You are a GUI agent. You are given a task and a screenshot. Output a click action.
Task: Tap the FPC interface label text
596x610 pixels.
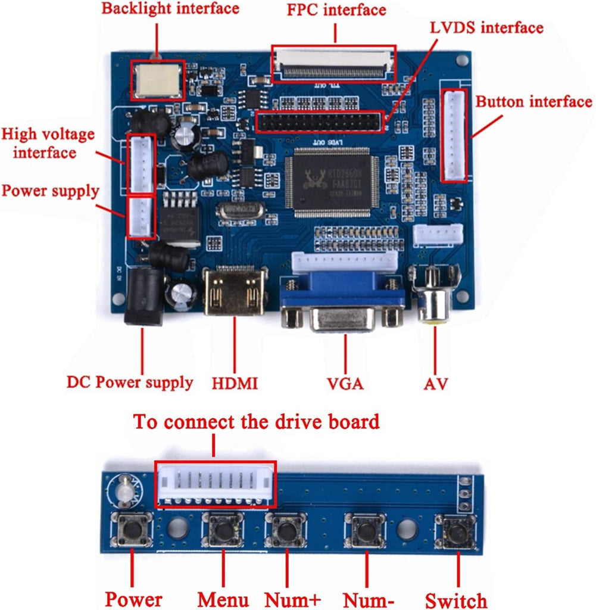(336, 10)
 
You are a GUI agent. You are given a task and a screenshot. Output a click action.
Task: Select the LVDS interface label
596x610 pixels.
(486, 28)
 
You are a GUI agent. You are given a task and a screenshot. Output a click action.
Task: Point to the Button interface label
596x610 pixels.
(533, 102)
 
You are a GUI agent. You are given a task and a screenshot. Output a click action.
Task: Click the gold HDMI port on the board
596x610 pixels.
(235, 291)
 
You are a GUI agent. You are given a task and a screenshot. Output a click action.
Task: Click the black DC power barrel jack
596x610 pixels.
(143, 297)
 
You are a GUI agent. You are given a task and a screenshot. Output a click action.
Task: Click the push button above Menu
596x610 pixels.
(223, 528)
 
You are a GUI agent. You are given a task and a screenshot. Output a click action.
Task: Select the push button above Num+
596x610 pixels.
(287, 529)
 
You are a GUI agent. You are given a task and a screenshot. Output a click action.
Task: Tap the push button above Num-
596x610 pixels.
(366, 529)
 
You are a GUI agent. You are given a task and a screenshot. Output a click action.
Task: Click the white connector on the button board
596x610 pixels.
(216, 484)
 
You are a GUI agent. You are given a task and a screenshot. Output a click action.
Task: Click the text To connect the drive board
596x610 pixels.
(256, 422)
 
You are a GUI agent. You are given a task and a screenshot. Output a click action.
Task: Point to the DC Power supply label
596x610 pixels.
(129, 382)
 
